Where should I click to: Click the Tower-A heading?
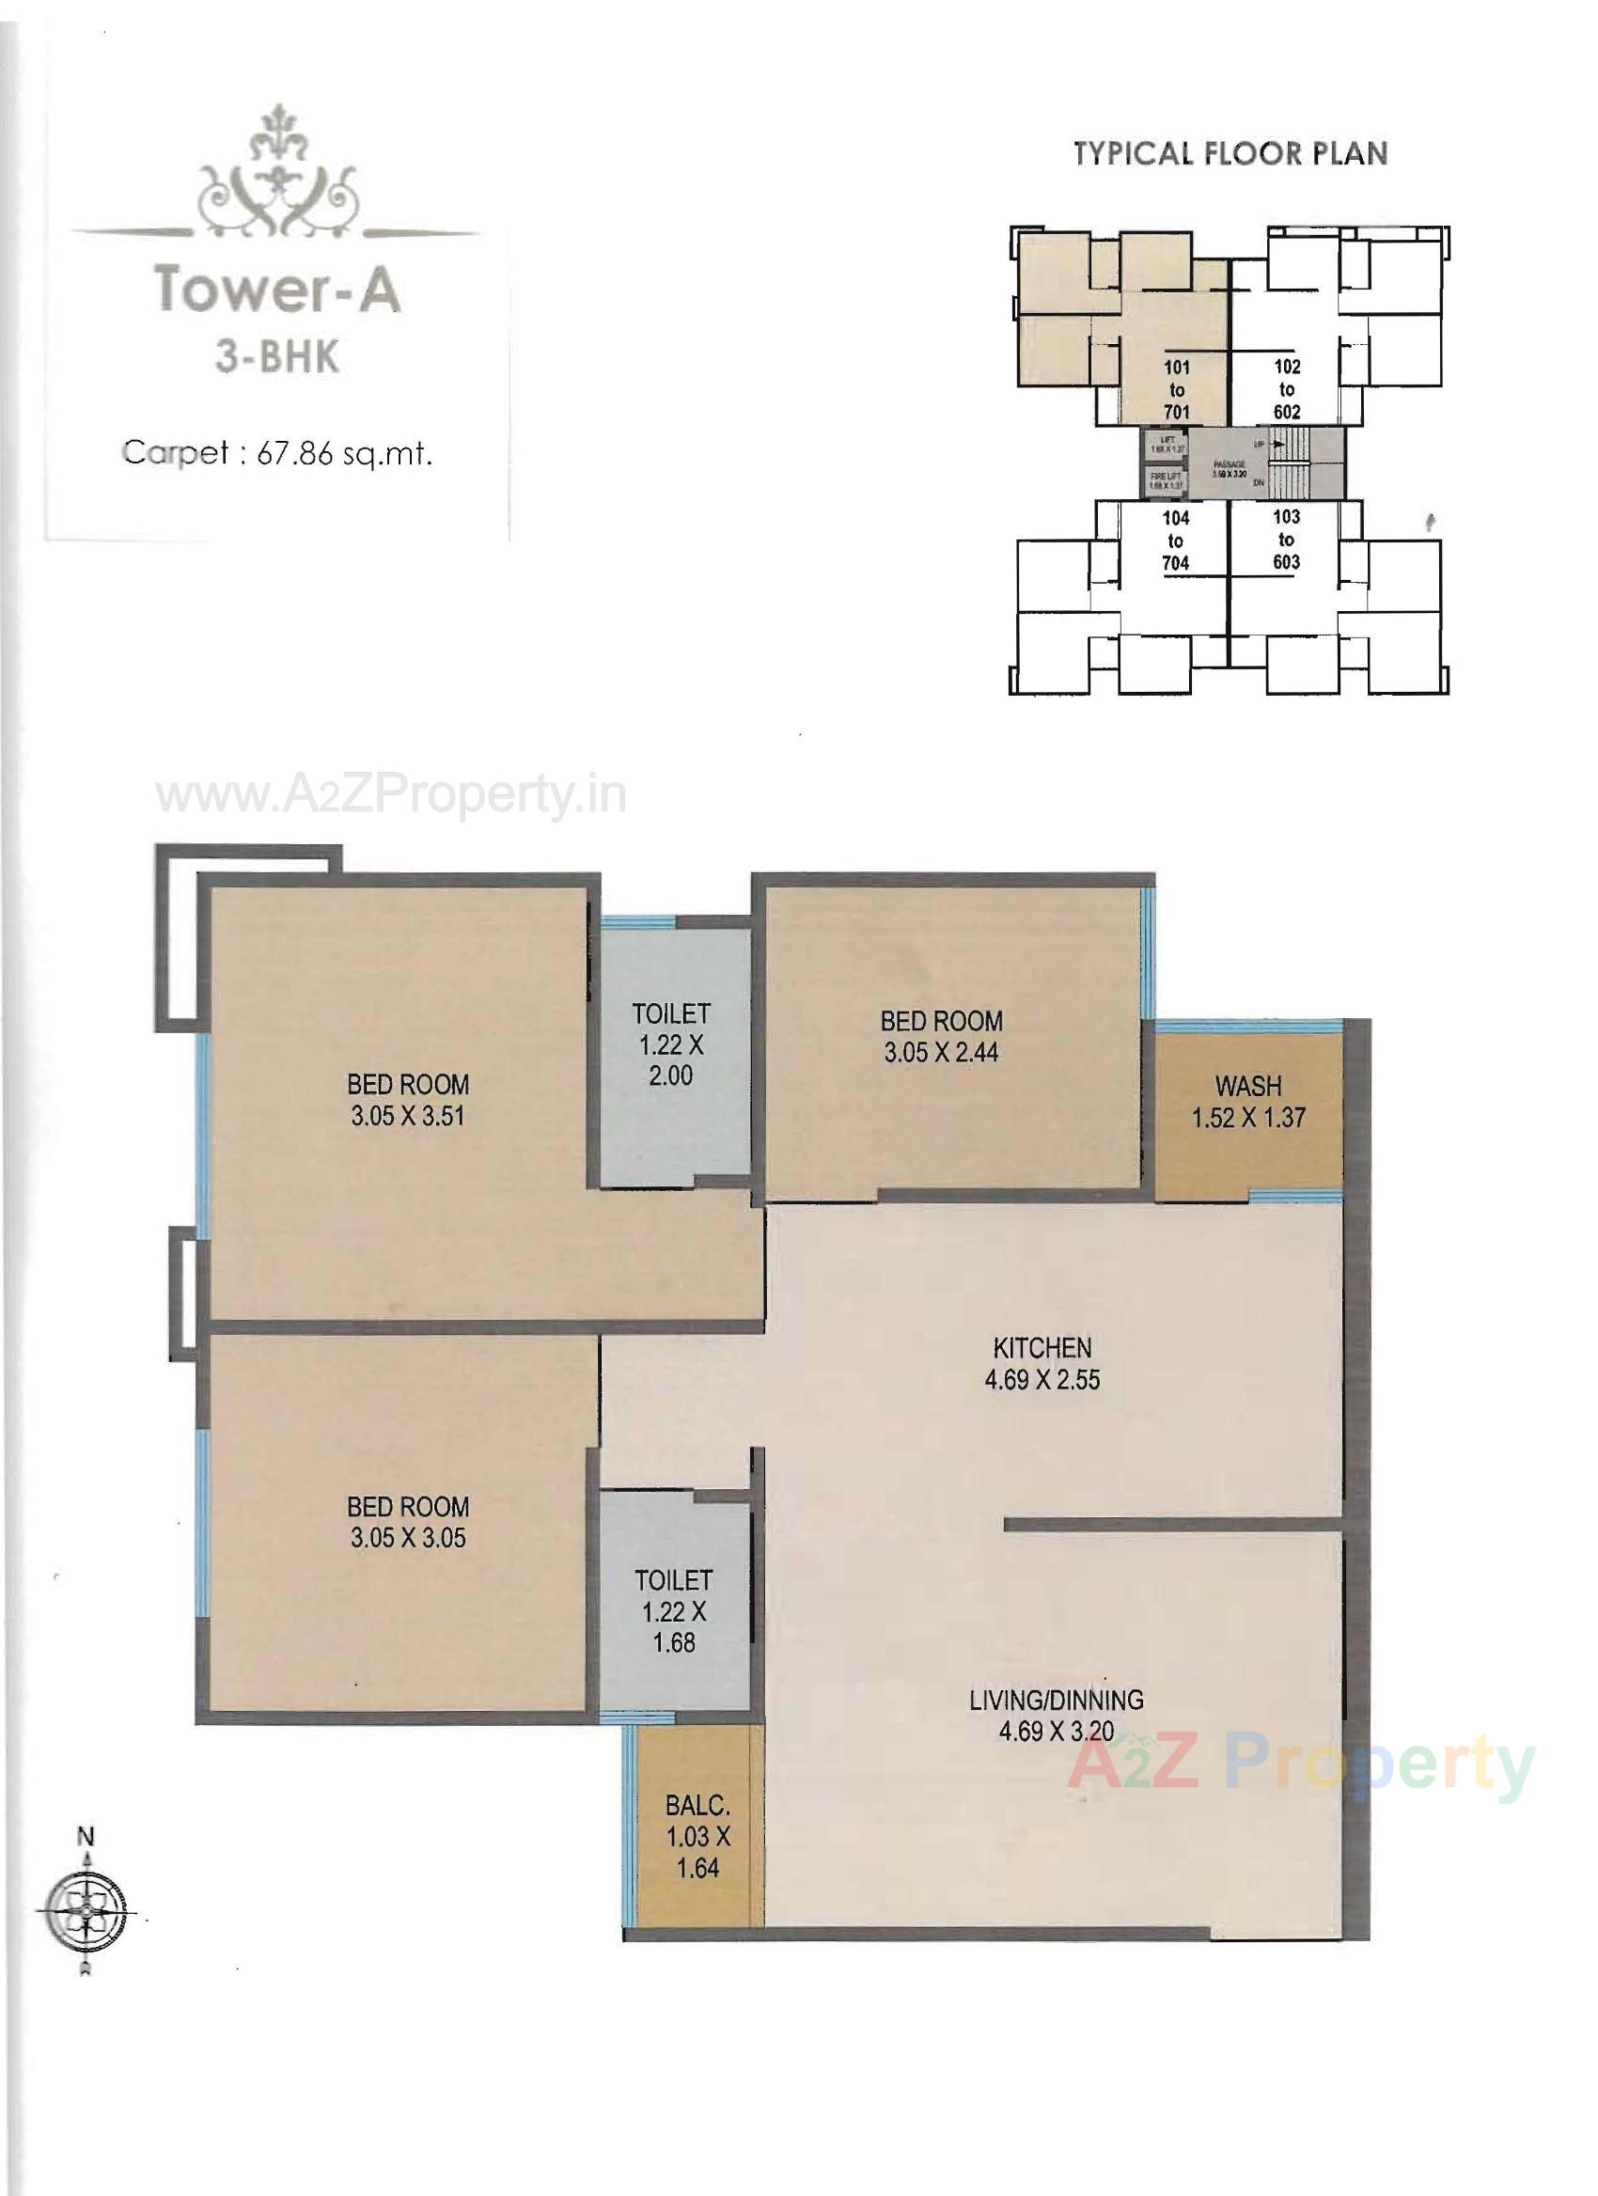pos(278,289)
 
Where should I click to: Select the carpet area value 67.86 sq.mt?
pos(343,453)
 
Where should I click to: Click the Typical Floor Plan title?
pos(1230,153)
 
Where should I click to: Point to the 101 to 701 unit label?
pos(1176,390)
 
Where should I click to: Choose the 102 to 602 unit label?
pos(1286,389)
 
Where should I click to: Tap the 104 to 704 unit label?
pos(1175,541)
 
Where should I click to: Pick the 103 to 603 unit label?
pos(1286,540)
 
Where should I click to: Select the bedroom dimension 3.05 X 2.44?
pos(941,1053)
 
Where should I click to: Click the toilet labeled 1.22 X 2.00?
pos(671,1044)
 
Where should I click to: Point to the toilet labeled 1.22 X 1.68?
pos(674,1612)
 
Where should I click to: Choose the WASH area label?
pos(1248,1087)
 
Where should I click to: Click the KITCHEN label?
pos(1042,1348)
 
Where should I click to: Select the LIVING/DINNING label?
pos(1056,1701)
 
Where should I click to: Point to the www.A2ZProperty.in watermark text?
pos(391,797)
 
